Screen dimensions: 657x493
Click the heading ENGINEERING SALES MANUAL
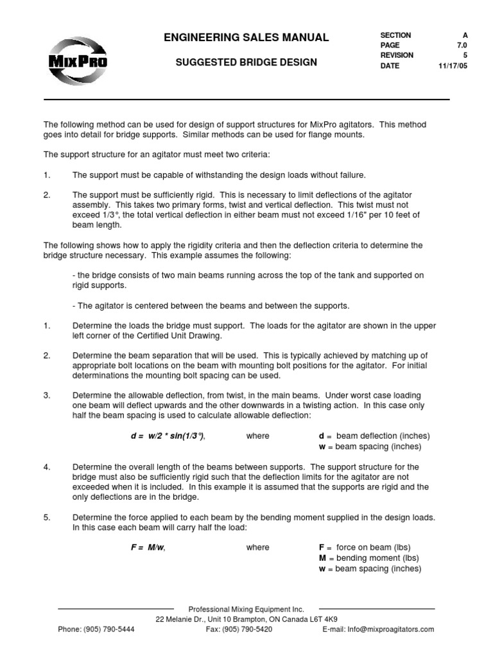(x=246, y=38)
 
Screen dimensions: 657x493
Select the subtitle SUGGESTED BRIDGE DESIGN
(x=246, y=63)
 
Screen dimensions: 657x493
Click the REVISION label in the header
(x=397, y=56)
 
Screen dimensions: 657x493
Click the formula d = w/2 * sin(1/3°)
(x=168, y=436)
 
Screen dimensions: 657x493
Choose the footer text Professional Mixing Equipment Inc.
(x=246, y=609)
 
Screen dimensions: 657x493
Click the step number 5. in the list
(x=47, y=518)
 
